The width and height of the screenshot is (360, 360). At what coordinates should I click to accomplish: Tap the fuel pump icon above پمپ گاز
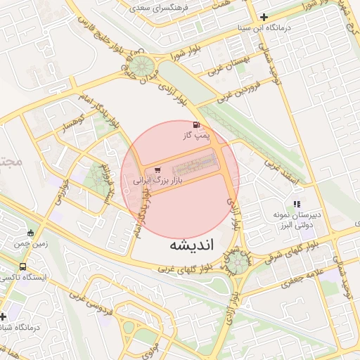[x=195, y=124]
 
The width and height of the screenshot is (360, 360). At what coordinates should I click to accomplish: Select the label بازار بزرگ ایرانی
[x=158, y=181]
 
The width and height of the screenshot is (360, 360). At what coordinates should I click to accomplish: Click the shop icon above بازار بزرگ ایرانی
[x=157, y=169]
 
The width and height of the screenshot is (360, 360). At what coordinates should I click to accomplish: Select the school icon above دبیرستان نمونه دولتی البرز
[x=296, y=204]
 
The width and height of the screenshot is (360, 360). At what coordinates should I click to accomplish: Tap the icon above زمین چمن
[x=30, y=233]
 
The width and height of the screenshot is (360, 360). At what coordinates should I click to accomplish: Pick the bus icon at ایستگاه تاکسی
[x=23, y=267]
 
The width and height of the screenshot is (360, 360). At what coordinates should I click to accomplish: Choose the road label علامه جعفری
[x=302, y=280]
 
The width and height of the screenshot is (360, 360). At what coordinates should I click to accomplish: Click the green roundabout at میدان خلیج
[x=146, y=68]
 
